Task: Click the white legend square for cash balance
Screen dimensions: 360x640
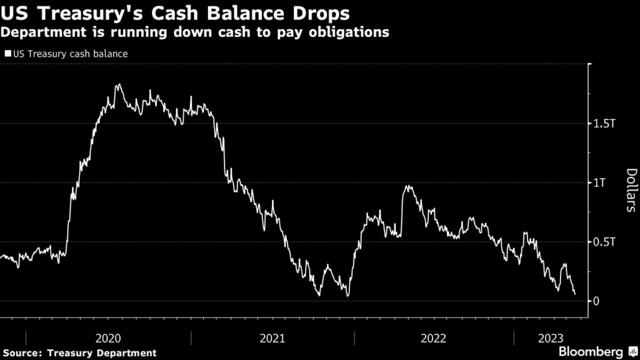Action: tap(7, 54)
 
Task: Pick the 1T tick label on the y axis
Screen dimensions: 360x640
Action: tap(600, 183)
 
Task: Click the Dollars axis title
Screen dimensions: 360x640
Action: tap(631, 190)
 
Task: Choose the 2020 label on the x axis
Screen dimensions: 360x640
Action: tap(108, 338)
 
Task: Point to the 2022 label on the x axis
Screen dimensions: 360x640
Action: tap(434, 338)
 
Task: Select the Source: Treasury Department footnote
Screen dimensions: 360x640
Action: tap(79, 353)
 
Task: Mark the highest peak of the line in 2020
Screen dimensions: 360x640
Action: tap(118, 85)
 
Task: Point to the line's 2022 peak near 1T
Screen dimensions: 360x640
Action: tap(408, 186)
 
